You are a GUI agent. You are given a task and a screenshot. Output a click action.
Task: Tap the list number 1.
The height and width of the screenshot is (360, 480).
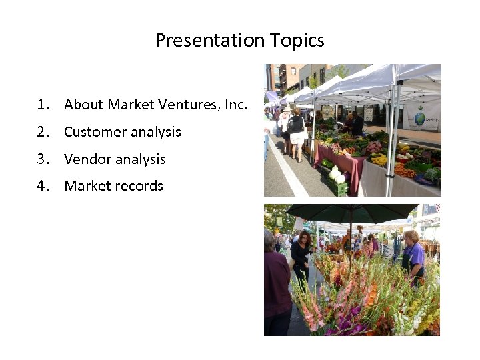pyautogui.click(x=43, y=105)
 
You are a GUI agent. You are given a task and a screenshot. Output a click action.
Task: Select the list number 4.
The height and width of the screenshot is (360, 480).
pyautogui.click(x=43, y=186)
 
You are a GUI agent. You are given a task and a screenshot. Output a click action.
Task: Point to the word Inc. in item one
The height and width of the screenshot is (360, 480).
pyautogui.click(x=236, y=105)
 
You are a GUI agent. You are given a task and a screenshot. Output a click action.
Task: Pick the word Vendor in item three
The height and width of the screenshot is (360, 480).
pyautogui.click(x=87, y=159)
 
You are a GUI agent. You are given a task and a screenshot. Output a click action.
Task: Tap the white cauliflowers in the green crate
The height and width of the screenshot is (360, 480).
pyautogui.click(x=337, y=175)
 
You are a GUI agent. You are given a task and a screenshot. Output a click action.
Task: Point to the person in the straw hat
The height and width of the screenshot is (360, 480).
pyautogui.click(x=285, y=120)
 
